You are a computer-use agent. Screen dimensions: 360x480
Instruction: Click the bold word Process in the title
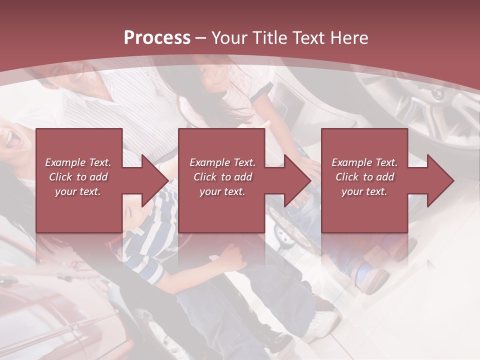pyautogui.click(x=157, y=38)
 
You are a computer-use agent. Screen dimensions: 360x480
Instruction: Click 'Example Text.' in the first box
pyautogui.click(x=78, y=162)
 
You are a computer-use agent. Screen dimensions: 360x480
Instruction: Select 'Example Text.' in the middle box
pyautogui.click(x=222, y=162)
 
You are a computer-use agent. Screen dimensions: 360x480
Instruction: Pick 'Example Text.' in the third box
pyautogui.click(x=364, y=162)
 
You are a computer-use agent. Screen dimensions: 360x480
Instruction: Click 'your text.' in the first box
pyautogui.click(x=78, y=191)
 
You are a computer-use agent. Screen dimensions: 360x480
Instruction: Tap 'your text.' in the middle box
pyautogui.click(x=222, y=191)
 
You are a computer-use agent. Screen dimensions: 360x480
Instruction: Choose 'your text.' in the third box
pyautogui.click(x=364, y=191)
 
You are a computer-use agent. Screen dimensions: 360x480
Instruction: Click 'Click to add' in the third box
pyautogui.click(x=364, y=177)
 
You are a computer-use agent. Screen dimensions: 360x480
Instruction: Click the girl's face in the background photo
pyautogui.click(x=212, y=80)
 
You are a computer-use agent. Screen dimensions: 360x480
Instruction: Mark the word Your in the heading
pyautogui.click(x=229, y=38)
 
